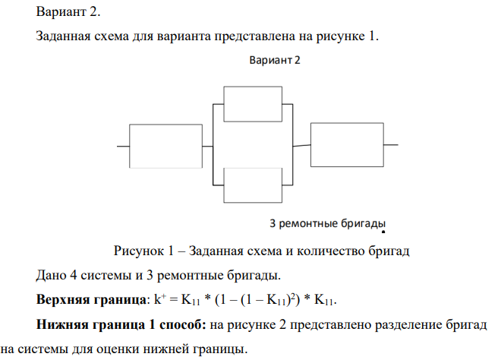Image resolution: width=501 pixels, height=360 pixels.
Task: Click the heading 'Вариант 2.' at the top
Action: click(x=67, y=12)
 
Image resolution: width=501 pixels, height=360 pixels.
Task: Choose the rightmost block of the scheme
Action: click(x=347, y=144)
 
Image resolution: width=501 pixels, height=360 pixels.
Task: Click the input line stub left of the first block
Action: click(x=124, y=145)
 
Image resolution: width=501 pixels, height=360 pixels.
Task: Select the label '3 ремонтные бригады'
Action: click(x=324, y=223)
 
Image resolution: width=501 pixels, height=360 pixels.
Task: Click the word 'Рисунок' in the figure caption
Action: click(x=137, y=251)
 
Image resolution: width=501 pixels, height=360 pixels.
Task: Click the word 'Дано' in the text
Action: click(x=52, y=274)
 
